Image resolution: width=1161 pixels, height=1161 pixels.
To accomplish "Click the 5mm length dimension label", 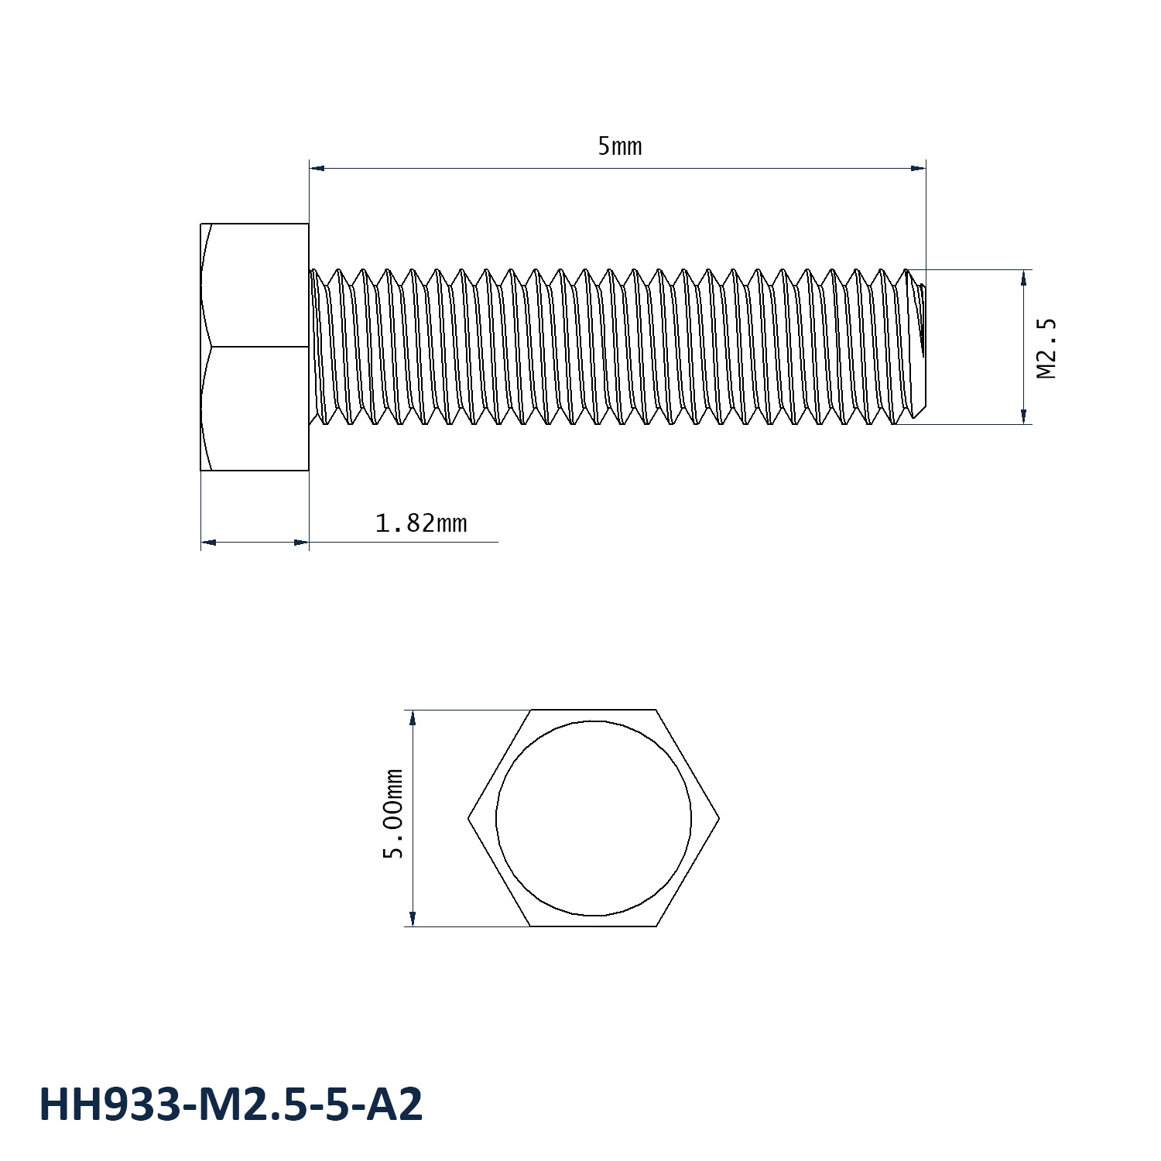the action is click(x=619, y=146).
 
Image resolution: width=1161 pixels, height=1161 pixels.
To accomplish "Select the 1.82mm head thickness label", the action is click(x=420, y=524).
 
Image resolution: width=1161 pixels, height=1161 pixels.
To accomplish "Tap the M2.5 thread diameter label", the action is click(x=1046, y=348).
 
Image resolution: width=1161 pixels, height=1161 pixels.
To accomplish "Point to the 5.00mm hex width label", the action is click(x=395, y=813).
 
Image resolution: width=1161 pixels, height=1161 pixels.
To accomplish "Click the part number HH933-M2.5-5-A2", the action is click(x=231, y=1104).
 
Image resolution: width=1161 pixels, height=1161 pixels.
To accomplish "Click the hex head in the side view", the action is click(x=255, y=347).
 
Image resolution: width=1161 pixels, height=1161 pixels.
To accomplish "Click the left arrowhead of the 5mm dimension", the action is click(x=317, y=167).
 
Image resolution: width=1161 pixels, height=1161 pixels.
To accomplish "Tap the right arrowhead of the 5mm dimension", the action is click(x=919, y=167).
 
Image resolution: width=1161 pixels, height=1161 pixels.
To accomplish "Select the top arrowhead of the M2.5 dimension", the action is click(x=1024, y=277).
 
